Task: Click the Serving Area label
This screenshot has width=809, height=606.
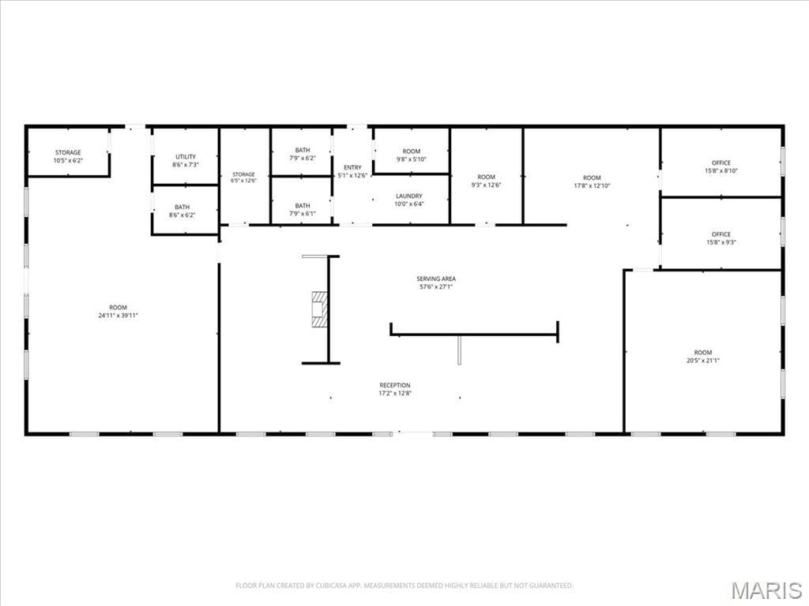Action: coord(436,279)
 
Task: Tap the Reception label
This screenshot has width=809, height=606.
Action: coord(395,385)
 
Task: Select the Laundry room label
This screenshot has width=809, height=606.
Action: coord(409,196)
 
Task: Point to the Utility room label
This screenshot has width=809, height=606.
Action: coord(186,157)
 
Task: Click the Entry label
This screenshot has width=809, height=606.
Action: coord(353,167)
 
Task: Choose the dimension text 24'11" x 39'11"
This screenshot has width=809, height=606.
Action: coord(119,316)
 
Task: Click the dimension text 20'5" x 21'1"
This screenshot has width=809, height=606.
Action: coord(702,361)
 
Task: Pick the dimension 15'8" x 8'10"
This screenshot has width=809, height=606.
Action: coord(721,170)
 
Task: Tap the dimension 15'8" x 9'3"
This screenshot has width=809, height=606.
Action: coord(721,242)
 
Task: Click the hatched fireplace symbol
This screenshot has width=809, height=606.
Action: coord(320,309)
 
